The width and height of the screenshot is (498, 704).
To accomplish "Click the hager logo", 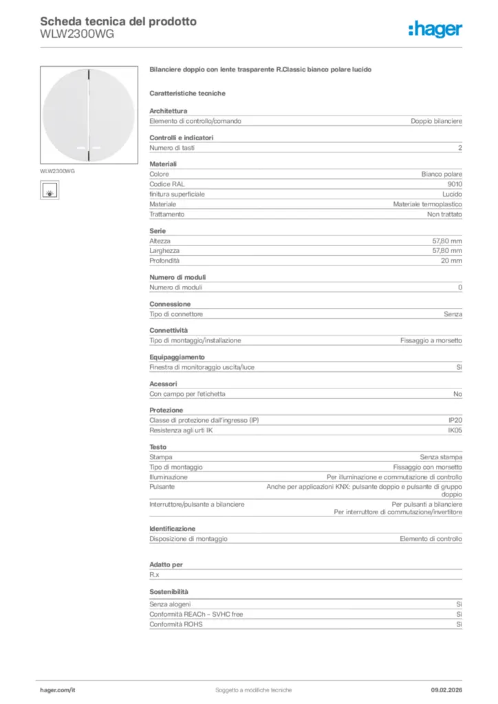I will coord(435,29).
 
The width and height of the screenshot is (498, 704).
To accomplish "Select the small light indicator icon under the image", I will coord(50,190).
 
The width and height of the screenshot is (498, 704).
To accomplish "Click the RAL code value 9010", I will coord(455,184).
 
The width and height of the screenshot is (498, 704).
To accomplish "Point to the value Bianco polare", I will coord(442,174).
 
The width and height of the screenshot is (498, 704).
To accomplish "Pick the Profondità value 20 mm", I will coord(451,261).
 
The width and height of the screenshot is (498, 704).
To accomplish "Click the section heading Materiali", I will coord(163,164).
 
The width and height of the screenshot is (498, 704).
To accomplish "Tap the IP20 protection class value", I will coord(455,420).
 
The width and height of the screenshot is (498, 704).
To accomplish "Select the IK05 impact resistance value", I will coord(455,430).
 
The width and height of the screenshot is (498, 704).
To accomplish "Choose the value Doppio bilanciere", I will coord(436,121).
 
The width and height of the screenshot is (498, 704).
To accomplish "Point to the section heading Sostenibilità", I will coord(169,591).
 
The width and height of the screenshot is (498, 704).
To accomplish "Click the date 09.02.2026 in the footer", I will coord(446,690).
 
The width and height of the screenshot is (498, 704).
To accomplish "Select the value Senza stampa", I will coord(441,457).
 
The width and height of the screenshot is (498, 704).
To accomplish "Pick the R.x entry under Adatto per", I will coord(154,574).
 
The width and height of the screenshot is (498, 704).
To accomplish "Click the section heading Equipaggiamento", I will coord(177,357).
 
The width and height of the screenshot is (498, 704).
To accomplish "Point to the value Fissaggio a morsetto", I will coord(431,340).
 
